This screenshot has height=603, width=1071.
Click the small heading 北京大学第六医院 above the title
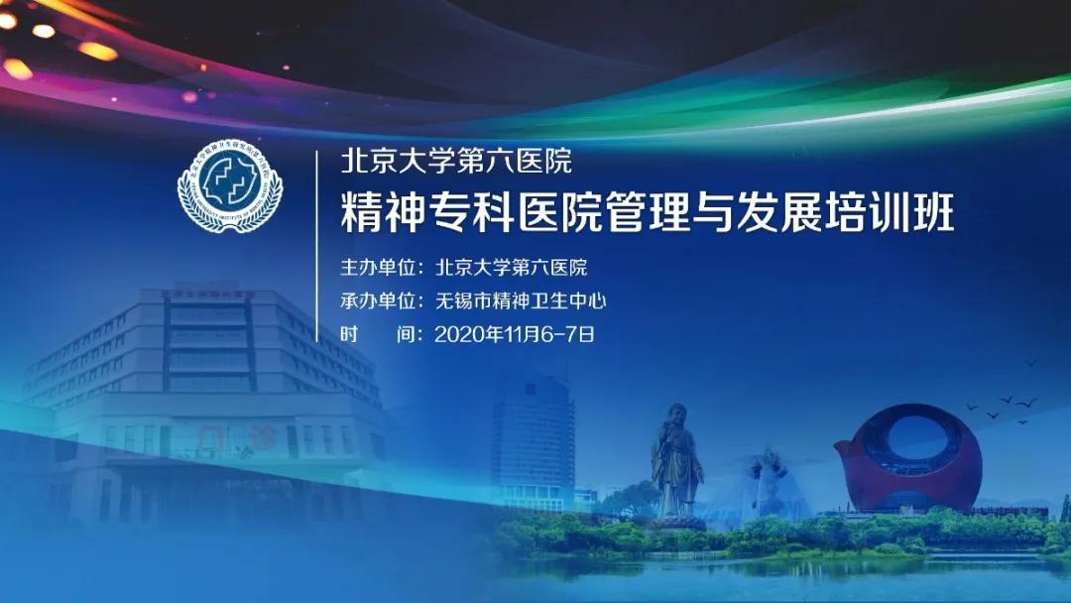pyautogui.click(x=455, y=160)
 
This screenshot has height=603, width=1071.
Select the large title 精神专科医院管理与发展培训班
pyautogui.click(x=647, y=213)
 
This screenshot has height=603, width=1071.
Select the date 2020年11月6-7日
pyautogui.click(x=515, y=334)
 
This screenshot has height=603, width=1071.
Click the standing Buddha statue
pyautogui.click(x=676, y=461)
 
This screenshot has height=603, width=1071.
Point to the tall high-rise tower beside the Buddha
pyautogui.click(x=533, y=436)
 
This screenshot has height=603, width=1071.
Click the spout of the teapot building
pyautogui.click(x=846, y=448)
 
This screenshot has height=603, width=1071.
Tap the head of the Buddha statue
pyautogui.click(x=677, y=415)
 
